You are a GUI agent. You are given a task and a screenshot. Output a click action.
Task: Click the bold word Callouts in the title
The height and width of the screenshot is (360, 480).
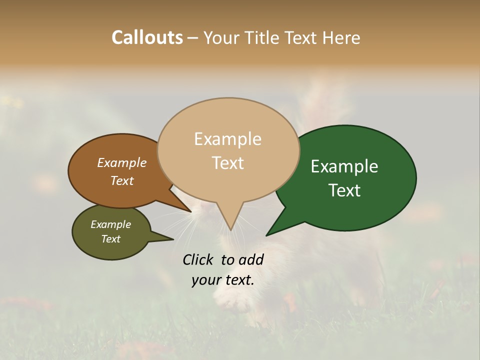pos(147,37)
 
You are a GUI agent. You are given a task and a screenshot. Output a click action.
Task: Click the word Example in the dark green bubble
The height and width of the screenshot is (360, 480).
pos(344,166)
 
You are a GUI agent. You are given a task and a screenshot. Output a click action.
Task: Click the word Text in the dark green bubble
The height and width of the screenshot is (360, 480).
pos(344,190)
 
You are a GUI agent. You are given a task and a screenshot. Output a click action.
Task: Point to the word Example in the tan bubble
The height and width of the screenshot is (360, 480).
pos(228,139)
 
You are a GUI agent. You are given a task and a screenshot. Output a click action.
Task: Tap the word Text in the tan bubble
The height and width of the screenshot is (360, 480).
pos(228,163)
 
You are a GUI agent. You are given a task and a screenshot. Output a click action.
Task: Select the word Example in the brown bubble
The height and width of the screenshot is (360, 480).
pos(121,162)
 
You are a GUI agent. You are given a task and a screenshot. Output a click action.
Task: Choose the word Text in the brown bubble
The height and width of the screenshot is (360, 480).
pos(121,180)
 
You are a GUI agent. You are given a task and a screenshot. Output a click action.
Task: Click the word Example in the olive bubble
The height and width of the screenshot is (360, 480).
pos(110,224)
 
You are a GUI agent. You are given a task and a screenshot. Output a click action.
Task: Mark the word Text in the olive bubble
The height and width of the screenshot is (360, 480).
pos(110,239)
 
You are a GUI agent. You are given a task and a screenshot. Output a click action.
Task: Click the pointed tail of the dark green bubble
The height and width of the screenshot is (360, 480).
pos(272,230)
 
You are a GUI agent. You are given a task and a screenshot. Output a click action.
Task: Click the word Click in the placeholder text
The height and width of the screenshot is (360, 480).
pos(199,259)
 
